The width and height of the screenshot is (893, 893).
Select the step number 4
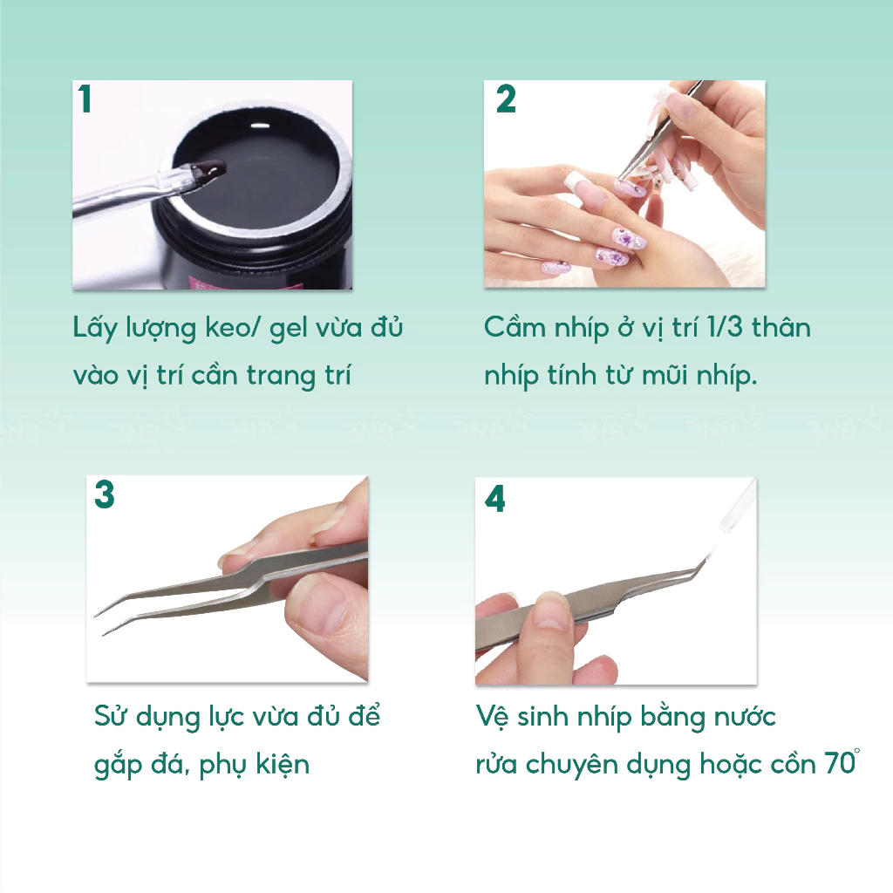click(495, 499)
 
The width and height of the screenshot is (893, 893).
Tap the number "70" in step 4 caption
click(840, 764)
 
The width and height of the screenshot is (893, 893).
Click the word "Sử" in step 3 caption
click(109, 716)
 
